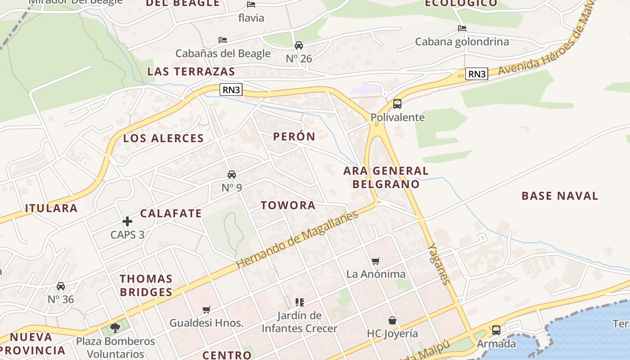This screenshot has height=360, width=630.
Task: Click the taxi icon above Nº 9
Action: pos(232,175)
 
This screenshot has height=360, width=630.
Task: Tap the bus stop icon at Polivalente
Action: pos(397,104)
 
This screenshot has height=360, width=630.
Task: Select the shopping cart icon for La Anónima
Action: pos(376,261)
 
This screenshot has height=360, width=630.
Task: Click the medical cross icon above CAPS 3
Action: pos(127,221)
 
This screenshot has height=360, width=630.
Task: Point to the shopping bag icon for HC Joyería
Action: pos(392,320)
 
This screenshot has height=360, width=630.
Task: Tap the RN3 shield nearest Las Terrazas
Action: pos(231,90)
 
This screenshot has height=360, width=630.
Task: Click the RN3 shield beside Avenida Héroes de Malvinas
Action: pos(477,74)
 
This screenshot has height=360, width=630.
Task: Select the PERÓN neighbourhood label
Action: pos(294,136)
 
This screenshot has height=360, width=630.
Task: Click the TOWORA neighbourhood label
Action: pos(288,205)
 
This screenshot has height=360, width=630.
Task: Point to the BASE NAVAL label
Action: pos(560,196)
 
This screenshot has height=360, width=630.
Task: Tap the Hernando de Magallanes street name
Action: pos(297,239)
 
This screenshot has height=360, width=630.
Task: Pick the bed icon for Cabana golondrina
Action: pos(462,28)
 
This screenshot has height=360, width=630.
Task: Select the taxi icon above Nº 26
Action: pos(299,45)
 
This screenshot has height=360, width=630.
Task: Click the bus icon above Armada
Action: pos(496,330)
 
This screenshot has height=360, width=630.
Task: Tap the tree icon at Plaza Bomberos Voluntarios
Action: pos(115,328)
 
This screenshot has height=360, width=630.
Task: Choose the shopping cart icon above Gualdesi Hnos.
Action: pos(207,310)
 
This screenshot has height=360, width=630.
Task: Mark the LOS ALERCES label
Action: pos(163,138)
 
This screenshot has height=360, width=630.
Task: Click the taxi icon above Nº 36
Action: pos(61,286)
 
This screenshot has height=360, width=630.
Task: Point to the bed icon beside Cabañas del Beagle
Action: pos(223,40)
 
